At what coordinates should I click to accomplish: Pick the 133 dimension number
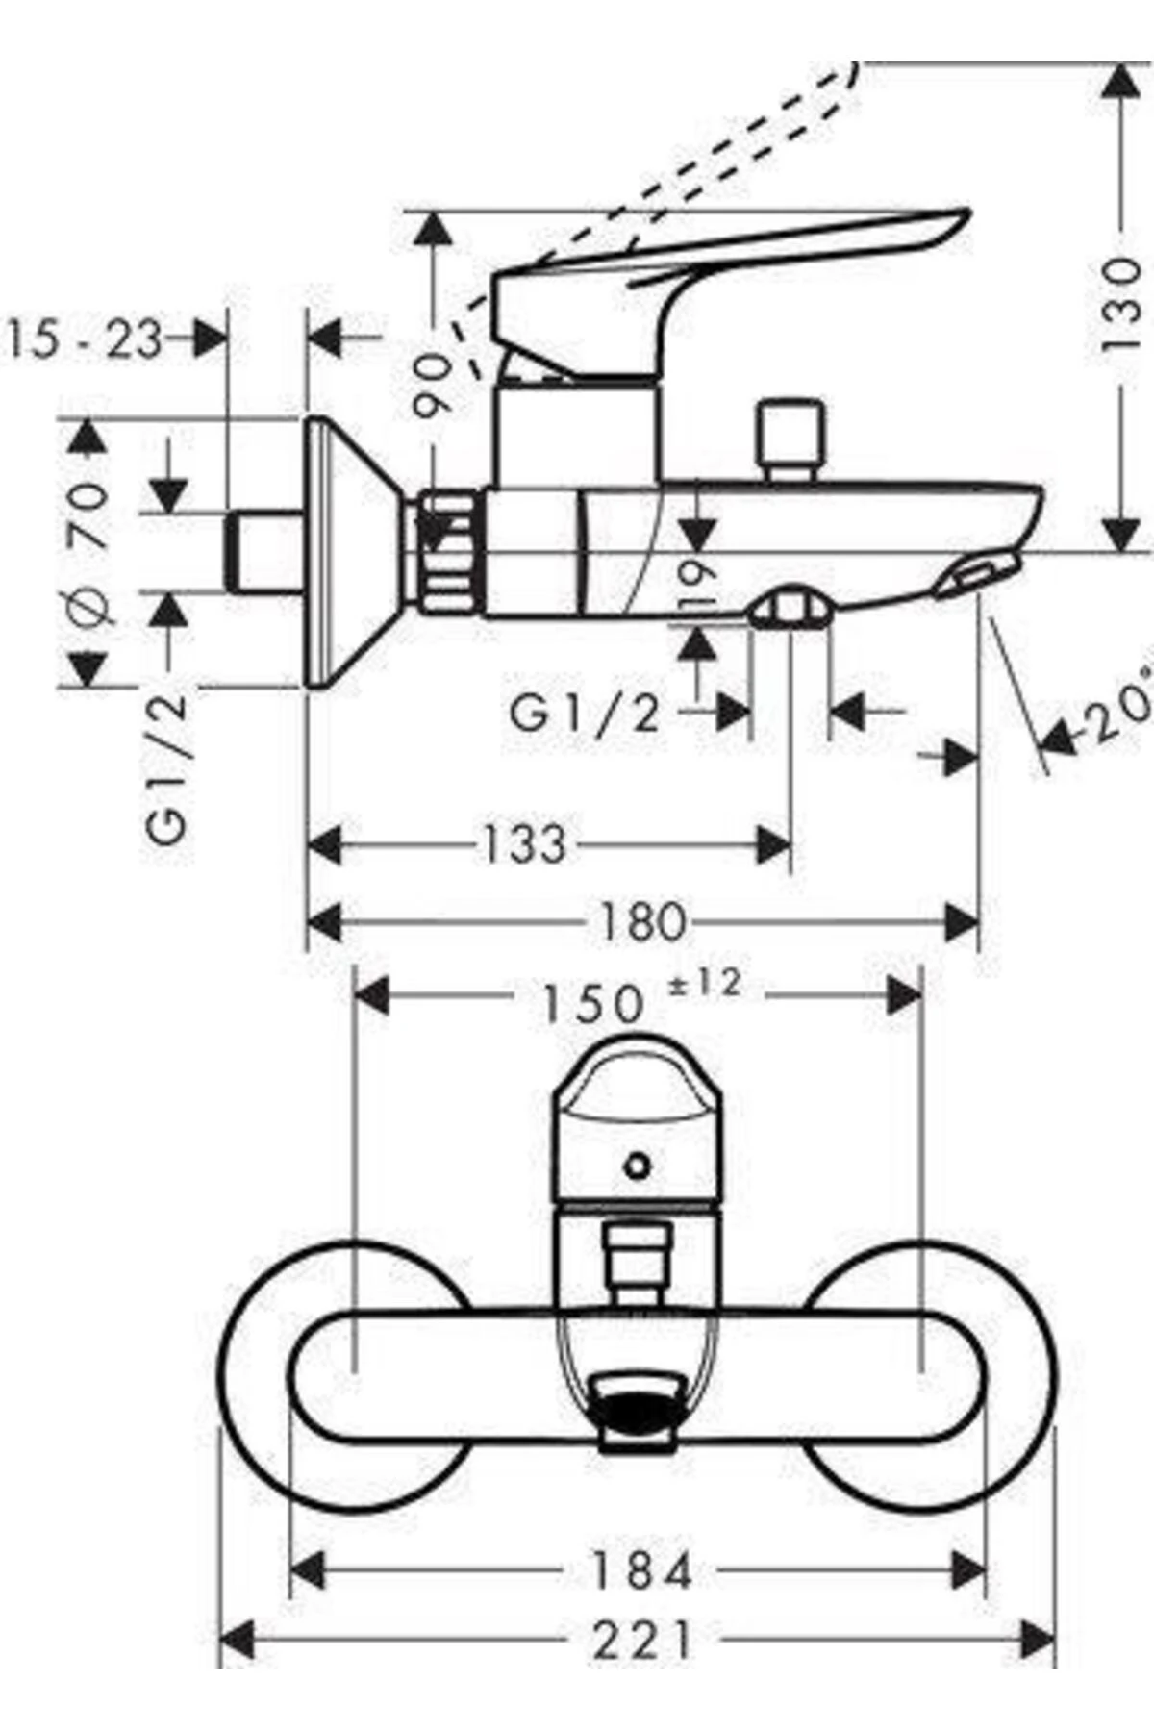point(524,845)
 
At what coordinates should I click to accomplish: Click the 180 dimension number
point(642,922)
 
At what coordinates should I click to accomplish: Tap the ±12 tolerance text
point(705,984)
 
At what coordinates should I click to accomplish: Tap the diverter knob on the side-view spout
point(790,438)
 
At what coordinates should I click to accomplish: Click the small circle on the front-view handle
point(636,1167)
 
